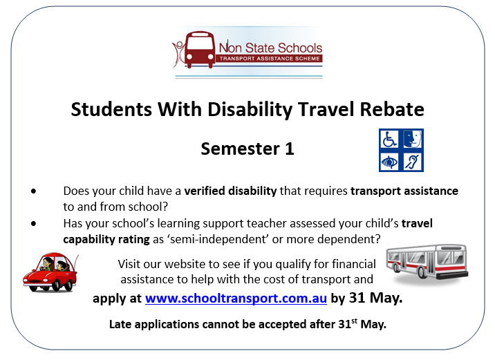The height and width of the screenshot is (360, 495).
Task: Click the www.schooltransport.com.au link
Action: [236, 299]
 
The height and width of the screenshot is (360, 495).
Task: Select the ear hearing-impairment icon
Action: [413, 162]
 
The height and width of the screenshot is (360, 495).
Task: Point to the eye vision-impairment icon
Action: [389, 162]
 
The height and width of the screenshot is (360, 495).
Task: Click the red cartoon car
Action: [50, 272]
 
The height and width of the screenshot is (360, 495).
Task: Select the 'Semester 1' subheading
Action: [247, 149]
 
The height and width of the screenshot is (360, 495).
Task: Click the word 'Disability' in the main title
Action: [250, 110]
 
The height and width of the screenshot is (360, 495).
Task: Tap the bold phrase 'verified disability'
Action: [230, 191]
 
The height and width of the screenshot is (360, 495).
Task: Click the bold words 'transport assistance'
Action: [404, 191]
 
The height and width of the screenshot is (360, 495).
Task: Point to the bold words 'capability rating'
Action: [106, 239]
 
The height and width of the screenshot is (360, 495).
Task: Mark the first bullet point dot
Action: [34, 191]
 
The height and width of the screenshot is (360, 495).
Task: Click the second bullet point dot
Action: [34, 223]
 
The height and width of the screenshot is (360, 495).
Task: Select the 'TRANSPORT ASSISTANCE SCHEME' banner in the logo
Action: [270, 58]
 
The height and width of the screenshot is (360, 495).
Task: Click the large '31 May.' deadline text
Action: [375, 298]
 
